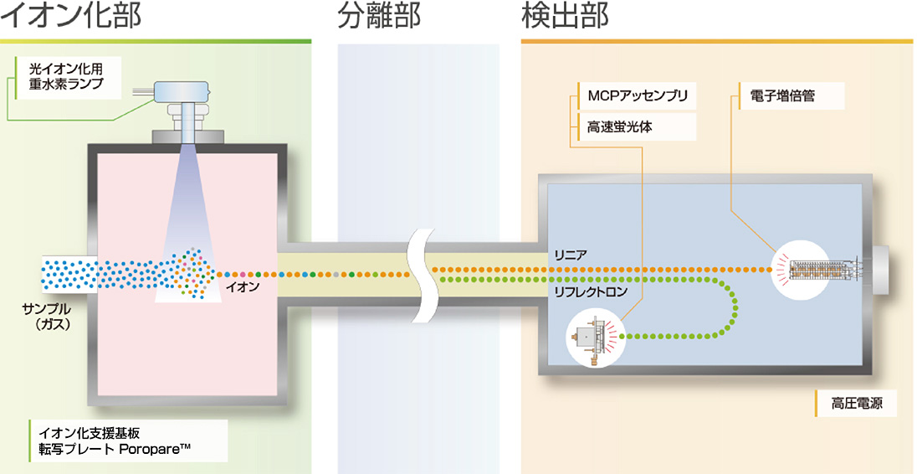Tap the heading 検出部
[565, 17]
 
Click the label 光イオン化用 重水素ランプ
[71, 75]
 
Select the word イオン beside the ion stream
[243, 287]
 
